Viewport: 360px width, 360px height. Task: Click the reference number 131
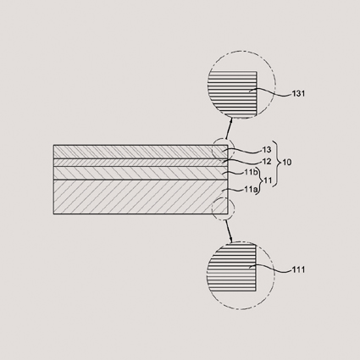coord(298,93)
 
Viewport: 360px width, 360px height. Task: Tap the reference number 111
coord(298,270)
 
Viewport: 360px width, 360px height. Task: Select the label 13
coord(267,150)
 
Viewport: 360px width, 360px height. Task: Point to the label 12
coord(267,162)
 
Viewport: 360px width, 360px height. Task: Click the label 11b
coord(251,172)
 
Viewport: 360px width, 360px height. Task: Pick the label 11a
coord(251,190)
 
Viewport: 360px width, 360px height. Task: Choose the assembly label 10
coord(287,163)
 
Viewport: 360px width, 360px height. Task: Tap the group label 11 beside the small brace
coord(267,180)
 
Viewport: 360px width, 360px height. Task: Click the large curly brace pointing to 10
coord(276,163)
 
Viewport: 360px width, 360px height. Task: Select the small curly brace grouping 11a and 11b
coord(260,180)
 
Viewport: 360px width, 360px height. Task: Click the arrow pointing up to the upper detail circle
coord(229,128)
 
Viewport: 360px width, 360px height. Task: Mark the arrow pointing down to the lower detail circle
coord(229,231)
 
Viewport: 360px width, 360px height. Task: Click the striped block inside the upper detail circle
coord(232,93)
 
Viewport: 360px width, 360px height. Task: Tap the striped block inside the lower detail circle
coord(231,268)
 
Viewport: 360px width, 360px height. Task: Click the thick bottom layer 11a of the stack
coord(141,197)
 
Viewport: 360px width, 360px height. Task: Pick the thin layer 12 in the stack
coord(141,163)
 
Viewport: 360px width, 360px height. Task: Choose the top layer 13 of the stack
coord(141,152)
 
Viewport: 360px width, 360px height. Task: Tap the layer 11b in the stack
coord(141,173)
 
